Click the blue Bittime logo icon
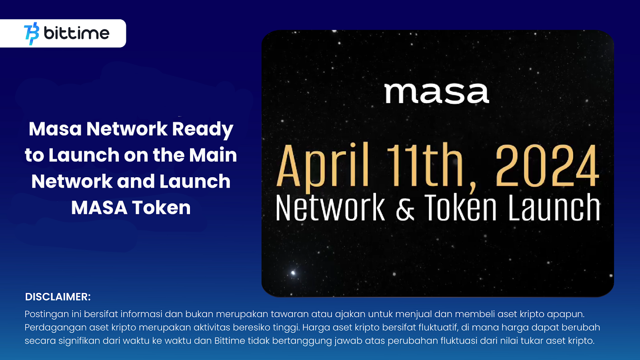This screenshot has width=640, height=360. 32,33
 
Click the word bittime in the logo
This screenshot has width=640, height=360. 76,33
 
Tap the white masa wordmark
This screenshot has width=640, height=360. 436,93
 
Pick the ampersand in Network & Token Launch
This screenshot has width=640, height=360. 405,208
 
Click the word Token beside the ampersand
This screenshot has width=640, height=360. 460,208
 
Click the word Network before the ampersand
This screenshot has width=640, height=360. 330,208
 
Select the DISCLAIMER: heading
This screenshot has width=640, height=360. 58,297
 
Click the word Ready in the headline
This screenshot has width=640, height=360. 202,129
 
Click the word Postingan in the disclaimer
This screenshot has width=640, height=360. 46,314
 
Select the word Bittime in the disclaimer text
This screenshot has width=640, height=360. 230,341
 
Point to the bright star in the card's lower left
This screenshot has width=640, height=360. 293,273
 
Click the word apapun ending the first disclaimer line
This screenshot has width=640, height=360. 565,314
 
